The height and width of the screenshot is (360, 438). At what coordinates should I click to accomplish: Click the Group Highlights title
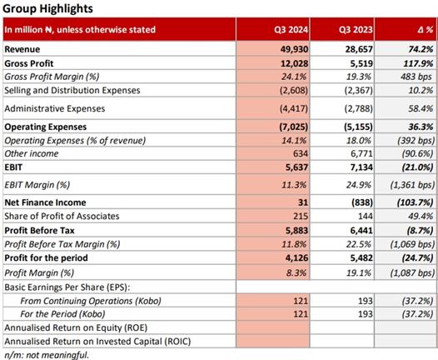tap(47, 8)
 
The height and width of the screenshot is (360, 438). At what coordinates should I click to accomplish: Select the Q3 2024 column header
tap(291, 30)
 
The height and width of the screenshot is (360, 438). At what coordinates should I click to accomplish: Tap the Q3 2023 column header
tap(356, 30)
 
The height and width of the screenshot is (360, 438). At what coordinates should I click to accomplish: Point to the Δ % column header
tap(426, 30)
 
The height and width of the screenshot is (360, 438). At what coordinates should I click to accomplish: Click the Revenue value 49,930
tap(295, 49)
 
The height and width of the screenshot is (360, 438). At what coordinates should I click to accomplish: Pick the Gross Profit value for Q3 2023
tap(361, 63)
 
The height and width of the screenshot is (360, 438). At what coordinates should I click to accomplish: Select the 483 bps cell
tap(416, 77)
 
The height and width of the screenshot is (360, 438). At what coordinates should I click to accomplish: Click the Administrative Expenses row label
tap(55, 108)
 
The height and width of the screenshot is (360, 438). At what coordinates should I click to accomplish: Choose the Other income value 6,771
tap(361, 153)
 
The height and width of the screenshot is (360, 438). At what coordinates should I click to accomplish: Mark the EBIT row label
tap(13, 167)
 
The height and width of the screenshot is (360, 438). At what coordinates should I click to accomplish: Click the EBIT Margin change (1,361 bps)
tap(412, 185)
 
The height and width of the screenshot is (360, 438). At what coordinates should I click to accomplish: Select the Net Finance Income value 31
tap(303, 202)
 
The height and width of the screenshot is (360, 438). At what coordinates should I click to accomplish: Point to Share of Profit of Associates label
tap(62, 216)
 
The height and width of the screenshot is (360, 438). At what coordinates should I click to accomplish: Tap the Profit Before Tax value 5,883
tap(296, 230)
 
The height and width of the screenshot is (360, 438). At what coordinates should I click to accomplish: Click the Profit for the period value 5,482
tap(361, 257)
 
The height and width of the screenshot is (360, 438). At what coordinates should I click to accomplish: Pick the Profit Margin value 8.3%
tap(296, 272)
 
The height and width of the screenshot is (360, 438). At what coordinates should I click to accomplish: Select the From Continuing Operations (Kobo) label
tap(91, 301)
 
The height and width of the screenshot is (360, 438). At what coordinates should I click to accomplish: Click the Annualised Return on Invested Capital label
tap(97, 342)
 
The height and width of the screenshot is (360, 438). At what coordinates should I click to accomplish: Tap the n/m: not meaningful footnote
tap(47, 355)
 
